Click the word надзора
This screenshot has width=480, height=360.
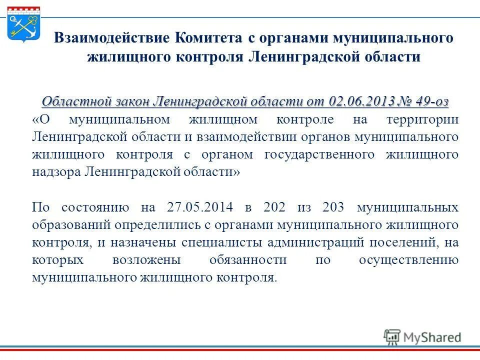coord(56,171)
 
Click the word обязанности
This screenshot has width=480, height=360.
coord(248,260)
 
